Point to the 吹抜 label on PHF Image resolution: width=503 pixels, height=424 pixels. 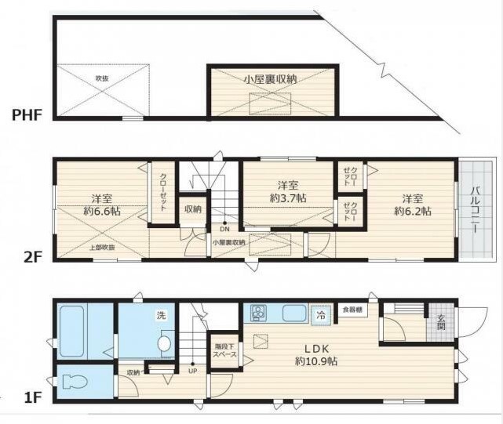(101, 78)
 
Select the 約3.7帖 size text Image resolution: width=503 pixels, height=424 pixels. (288, 199)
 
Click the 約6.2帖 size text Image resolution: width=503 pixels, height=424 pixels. (413, 212)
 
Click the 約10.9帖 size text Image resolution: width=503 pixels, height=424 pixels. (315, 361)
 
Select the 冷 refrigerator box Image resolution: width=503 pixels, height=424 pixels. (320, 313)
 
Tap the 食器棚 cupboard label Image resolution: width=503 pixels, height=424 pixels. (352, 310)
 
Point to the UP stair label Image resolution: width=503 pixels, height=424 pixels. (192, 371)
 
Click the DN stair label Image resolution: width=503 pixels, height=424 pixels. (224, 230)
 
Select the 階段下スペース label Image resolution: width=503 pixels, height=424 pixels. (224, 350)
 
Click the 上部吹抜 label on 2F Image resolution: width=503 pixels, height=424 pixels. (101, 248)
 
